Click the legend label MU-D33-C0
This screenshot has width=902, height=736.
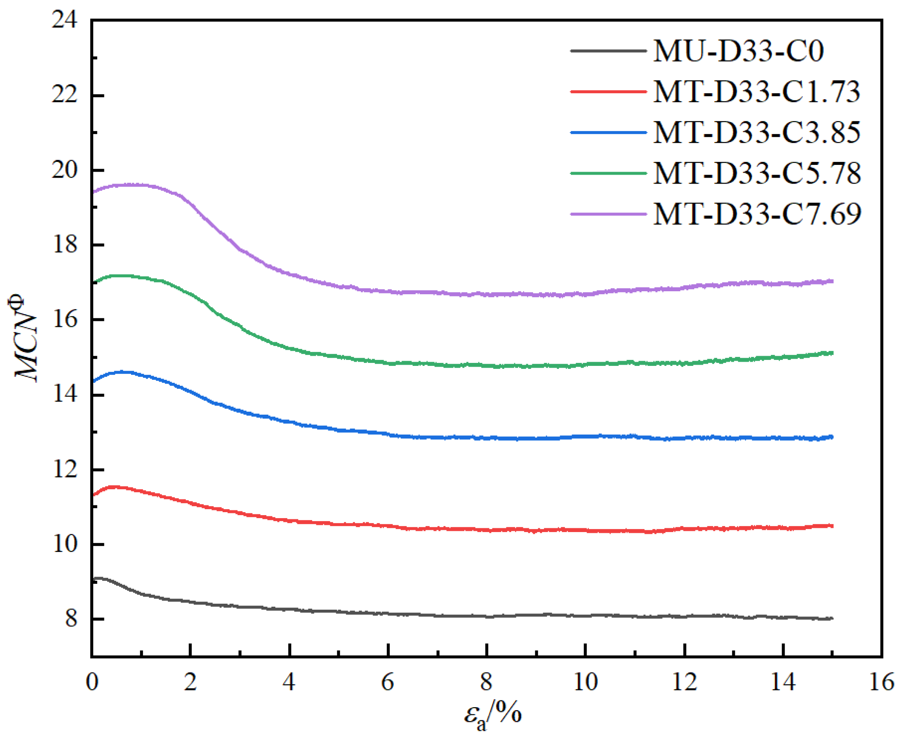[738, 51]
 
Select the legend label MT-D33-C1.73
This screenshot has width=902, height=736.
[757, 92]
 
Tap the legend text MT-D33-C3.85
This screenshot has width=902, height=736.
[757, 133]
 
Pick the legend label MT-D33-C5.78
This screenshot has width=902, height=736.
[757, 173]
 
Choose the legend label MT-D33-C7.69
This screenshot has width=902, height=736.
[757, 214]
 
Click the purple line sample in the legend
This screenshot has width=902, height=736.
[608, 214]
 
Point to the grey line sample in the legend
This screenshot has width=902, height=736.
[608, 51]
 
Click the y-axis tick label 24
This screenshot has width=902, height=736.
[64, 20]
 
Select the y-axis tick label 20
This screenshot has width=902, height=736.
[64, 170]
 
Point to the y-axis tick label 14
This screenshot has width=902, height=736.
[64, 395]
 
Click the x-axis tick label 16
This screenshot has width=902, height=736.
[881, 683]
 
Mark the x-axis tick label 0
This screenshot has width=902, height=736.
[92, 683]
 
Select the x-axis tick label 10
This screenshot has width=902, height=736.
[585, 683]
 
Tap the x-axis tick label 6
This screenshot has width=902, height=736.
[388, 683]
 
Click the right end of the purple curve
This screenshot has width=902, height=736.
[832, 281]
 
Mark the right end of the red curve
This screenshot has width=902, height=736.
[832, 526]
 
